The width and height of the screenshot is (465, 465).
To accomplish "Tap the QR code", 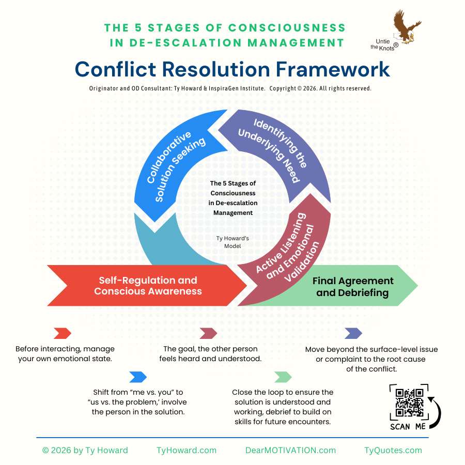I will point(409,402).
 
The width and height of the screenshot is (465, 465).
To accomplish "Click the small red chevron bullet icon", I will point(62,333).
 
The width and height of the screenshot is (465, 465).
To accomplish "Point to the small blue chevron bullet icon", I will point(138,377).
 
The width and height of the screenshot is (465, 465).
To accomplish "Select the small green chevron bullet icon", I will point(283,377).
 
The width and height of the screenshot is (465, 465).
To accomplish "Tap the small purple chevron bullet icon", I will point(353,333).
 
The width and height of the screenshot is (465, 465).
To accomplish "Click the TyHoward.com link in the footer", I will point(186,450).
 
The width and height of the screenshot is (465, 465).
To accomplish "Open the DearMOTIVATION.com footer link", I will point(290,450).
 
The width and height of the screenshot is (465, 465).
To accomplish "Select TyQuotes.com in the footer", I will point(393,450).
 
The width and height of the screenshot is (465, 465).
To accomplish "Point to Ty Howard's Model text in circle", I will point(233,242).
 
